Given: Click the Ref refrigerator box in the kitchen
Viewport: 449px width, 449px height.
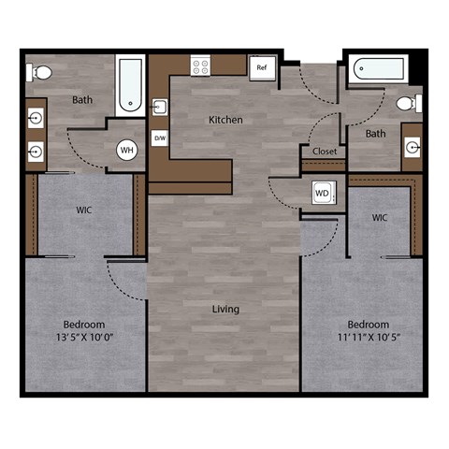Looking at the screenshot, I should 262,66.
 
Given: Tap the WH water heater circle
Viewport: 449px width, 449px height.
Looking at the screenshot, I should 127,150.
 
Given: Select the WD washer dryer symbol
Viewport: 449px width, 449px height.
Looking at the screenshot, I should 323,194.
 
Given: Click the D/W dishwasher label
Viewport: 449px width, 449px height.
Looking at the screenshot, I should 159,138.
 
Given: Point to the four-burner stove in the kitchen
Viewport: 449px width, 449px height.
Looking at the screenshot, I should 201,65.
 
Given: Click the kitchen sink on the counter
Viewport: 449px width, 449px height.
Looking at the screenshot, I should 159,106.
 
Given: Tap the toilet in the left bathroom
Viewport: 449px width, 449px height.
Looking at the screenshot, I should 39,71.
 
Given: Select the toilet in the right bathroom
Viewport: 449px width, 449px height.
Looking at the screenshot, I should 406,103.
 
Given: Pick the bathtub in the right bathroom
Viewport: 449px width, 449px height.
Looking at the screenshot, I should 379,69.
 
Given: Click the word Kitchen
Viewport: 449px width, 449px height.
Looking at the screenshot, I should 225,120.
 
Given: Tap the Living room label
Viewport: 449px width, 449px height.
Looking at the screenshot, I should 224,309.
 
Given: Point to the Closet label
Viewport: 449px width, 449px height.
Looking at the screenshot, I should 325,151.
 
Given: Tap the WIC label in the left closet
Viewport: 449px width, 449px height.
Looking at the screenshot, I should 83,210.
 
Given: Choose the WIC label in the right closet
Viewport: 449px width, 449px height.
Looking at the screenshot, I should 380,217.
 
